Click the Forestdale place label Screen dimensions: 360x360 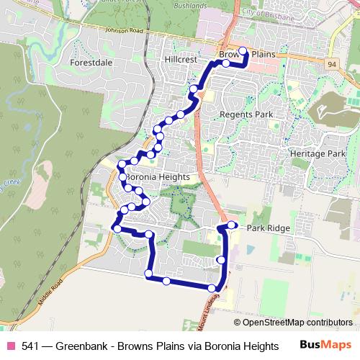coord(91,63)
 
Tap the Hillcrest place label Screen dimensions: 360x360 coord(181,60)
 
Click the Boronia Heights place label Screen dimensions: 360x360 coord(158,177)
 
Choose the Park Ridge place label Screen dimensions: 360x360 coord(269,228)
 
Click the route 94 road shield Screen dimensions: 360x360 coord(330,64)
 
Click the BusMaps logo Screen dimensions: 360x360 coord(326,345)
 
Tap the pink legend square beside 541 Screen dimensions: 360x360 coord(11,345)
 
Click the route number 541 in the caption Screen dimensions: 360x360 coord(31,345)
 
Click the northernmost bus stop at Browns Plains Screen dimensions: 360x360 coord(243,51)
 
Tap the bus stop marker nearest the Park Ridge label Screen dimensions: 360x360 coord(232,225)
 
